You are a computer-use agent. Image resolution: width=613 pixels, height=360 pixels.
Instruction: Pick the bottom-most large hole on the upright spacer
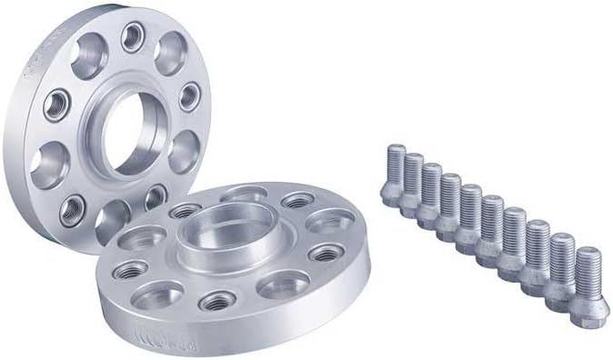pyautogui.click(x=112, y=218)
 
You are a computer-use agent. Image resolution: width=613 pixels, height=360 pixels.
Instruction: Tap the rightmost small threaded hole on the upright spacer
pyautogui.click(x=190, y=95)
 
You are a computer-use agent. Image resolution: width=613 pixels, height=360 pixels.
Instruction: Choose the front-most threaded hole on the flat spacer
pyautogui.click(x=219, y=301)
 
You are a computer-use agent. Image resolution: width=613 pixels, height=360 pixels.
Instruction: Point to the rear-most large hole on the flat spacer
pyautogui.click(x=244, y=194)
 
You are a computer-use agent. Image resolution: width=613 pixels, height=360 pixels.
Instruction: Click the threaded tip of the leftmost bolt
pyautogui.click(x=397, y=155)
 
